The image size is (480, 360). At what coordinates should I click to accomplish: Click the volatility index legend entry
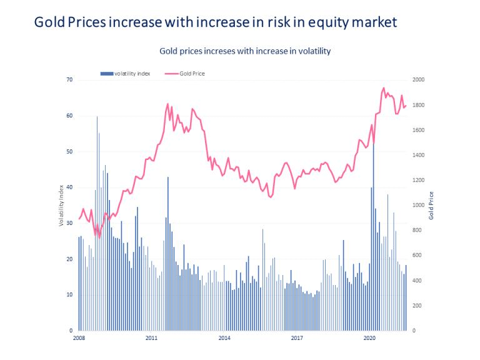point(132,73)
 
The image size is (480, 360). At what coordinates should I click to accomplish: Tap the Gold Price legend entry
point(192,73)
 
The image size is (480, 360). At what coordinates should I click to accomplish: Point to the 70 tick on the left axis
point(70,80)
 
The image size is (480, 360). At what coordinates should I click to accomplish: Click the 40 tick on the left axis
point(70,187)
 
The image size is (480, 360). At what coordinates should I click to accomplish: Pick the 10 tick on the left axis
point(70,295)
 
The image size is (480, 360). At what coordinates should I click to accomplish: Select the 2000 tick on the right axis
point(418,80)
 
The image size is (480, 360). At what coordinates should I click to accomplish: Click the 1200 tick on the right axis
point(418,181)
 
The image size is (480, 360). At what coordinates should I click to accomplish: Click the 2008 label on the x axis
point(79,338)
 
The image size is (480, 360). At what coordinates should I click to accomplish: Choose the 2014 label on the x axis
point(224,338)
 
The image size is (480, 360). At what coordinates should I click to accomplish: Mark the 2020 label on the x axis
point(369,338)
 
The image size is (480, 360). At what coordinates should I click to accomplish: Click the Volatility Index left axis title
point(61,205)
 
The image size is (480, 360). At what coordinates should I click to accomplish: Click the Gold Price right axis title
point(431,205)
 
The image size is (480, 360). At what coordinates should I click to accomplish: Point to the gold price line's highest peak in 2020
point(383,89)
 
